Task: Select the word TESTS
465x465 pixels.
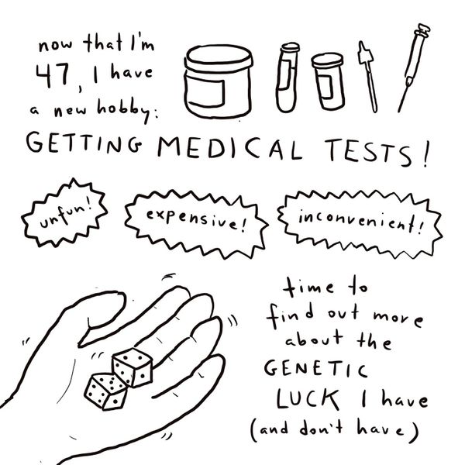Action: pos(368,152)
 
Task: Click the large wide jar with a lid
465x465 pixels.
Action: pos(218,81)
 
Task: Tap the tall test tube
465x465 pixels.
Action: pos(288,77)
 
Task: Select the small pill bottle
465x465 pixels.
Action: pos(328,81)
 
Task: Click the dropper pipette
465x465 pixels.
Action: pos(368,77)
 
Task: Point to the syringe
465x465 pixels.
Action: pos(414,67)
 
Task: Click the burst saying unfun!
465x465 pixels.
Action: pos(64,212)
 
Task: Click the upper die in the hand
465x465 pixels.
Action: pos(133,367)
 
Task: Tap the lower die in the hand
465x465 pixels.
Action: pos(106,391)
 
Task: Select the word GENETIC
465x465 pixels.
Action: pos(315,370)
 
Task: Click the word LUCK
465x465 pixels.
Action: pos(308,399)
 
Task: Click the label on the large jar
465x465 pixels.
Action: pos(205,91)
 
